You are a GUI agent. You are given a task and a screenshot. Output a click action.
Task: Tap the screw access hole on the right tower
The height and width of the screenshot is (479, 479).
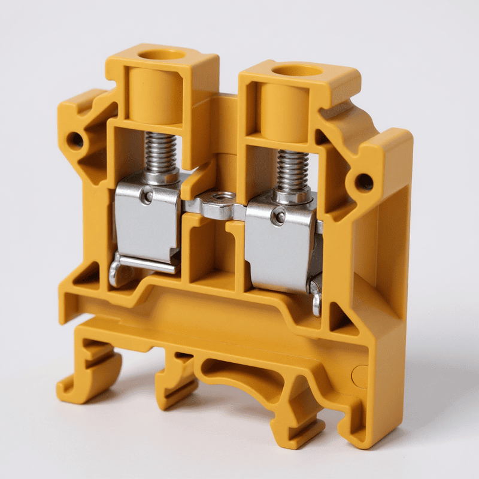click(298, 70)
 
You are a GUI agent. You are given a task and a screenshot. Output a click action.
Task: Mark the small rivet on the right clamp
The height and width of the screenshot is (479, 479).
click(277, 217)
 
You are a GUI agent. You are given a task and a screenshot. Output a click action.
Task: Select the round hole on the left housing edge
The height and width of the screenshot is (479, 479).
click(75, 141)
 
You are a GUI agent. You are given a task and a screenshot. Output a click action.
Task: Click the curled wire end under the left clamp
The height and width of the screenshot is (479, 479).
click(115, 271)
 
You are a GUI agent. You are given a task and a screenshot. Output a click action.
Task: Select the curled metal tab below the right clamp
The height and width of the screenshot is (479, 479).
click(316, 296)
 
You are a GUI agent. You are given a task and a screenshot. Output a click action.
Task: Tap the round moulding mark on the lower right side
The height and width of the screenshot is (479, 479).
click(360, 376)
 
